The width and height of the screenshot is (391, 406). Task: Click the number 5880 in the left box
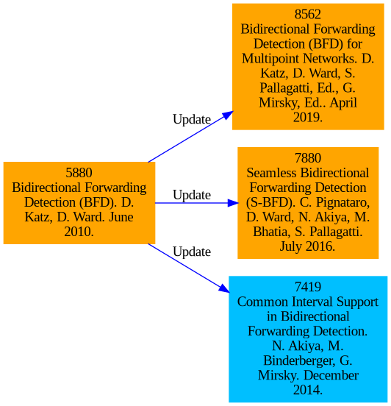[79, 173]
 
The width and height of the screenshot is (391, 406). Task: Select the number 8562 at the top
[308, 14]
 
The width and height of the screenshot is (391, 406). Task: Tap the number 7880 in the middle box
[308, 158]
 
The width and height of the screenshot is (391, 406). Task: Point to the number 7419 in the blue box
[308, 287]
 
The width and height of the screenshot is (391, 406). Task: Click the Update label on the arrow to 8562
[192, 120]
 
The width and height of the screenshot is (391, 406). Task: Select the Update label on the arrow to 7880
[192, 195]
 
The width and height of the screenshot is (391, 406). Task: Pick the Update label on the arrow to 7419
[192, 252]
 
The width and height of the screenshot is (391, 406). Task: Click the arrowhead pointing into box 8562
[228, 115]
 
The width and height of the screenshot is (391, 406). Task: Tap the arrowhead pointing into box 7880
[233, 203]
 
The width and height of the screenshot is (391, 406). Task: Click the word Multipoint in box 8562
[270, 59]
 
